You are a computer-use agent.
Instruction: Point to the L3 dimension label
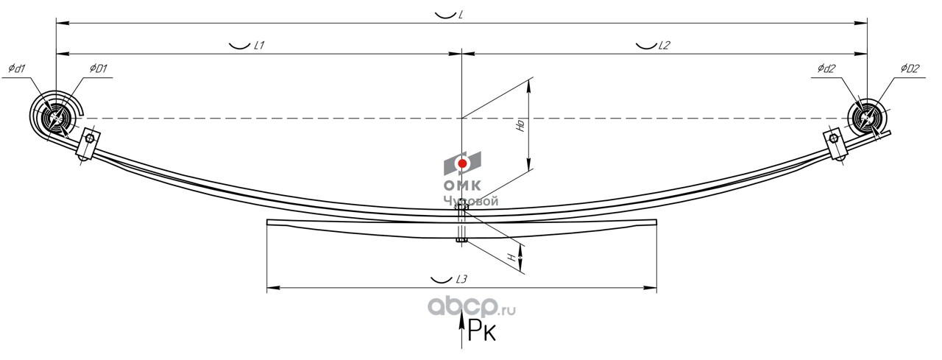click(461, 279)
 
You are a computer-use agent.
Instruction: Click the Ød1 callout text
click(17, 69)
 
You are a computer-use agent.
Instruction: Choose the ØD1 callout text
click(99, 69)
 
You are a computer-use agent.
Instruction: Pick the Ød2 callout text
click(826, 69)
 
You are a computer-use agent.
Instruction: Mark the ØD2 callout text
click(910, 69)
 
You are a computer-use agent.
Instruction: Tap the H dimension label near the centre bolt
click(511, 258)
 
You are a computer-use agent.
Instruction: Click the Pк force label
click(482, 333)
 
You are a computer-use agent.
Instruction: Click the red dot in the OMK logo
click(461, 163)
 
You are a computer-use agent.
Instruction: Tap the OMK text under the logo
click(461, 186)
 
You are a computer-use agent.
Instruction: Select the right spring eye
click(867, 118)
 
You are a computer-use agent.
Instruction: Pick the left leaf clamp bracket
click(87, 144)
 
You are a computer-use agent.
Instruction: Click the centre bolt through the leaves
click(461, 223)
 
